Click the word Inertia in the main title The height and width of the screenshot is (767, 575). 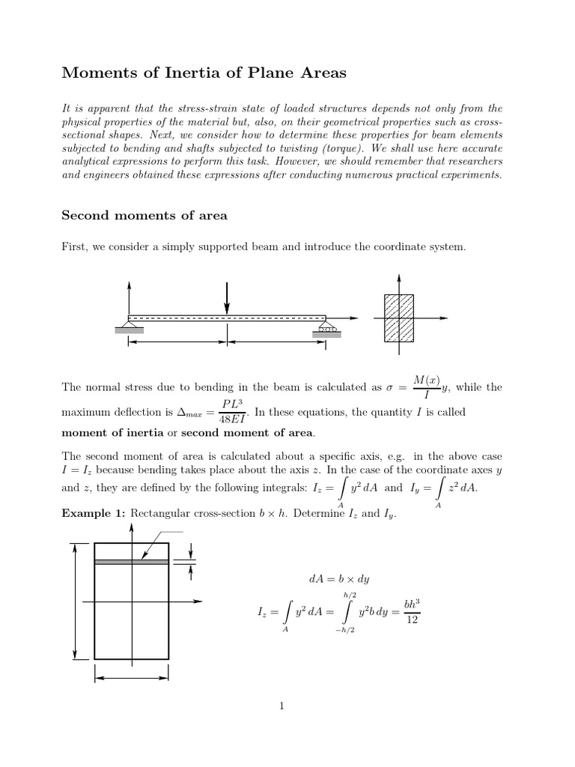point(209,73)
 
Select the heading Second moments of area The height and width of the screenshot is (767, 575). point(144,216)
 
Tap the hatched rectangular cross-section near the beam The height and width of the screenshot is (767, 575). point(398,318)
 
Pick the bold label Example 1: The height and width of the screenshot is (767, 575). point(94,513)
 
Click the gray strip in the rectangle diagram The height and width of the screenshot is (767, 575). point(131,561)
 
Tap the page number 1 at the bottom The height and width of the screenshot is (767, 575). point(282,705)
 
